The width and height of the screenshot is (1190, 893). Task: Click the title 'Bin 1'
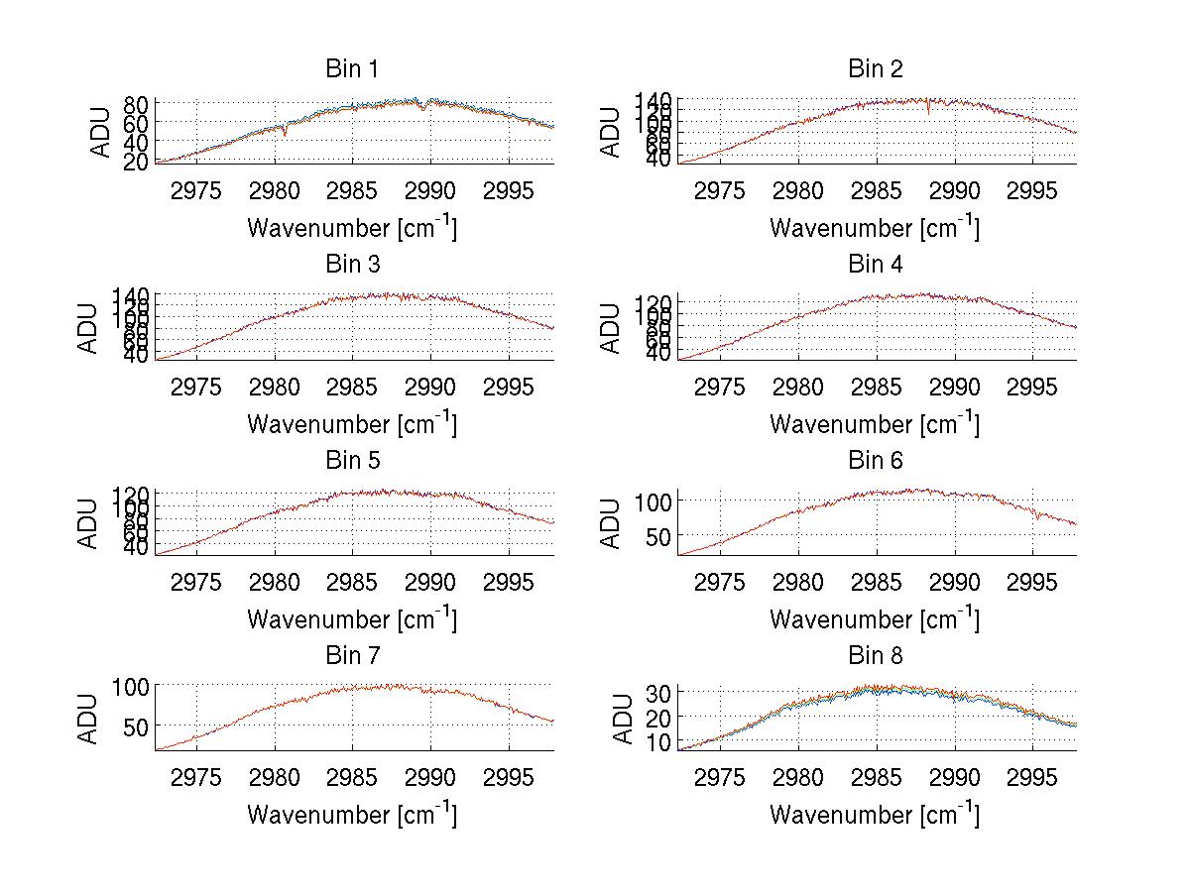tap(352, 69)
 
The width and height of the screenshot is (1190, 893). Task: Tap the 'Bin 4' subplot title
tap(875, 265)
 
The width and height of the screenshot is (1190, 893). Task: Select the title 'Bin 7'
tap(352, 656)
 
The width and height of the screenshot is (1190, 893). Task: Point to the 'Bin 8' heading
tap(875, 656)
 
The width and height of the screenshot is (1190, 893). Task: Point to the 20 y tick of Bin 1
tap(137, 162)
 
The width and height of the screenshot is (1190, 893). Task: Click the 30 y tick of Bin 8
tap(659, 692)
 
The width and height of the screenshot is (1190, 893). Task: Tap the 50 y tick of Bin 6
tap(659, 536)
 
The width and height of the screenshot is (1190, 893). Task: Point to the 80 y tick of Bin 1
tap(137, 104)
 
